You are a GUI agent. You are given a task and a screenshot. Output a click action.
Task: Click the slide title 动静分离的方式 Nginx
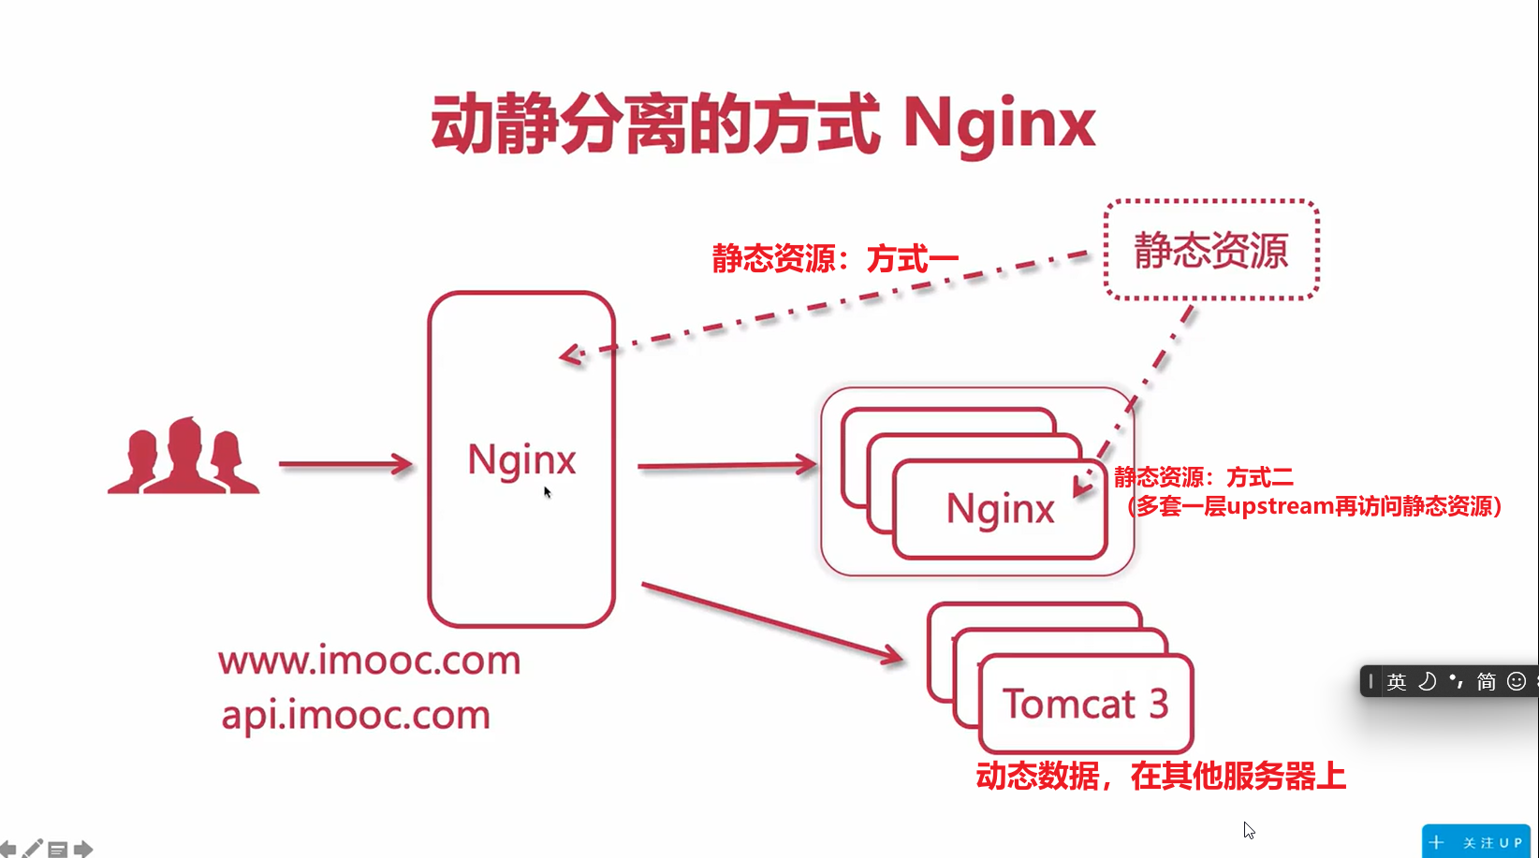(762, 124)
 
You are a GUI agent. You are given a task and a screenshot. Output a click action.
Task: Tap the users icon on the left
(183, 457)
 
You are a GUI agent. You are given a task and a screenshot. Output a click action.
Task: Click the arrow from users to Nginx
(345, 464)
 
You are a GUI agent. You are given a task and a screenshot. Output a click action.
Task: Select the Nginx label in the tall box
(521, 459)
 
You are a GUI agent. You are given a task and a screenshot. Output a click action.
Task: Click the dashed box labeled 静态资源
(1211, 250)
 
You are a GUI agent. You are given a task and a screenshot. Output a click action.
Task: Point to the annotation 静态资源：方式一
(835, 258)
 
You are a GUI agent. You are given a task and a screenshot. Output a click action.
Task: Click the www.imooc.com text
(369, 661)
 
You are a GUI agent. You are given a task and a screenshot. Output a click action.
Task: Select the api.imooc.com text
(356, 715)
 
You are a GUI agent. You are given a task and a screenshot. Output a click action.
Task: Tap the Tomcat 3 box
(1086, 704)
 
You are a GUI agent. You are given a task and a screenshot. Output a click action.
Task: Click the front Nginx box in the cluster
(1000, 510)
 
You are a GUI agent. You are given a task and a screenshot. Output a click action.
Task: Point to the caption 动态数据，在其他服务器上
(1161, 776)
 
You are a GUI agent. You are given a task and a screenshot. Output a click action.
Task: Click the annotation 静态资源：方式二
(1204, 478)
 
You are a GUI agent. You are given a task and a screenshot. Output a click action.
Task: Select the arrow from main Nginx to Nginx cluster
(726, 465)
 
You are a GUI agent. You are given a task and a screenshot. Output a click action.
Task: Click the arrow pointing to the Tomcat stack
(772, 621)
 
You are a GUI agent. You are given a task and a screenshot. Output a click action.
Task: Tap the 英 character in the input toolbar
(1397, 681)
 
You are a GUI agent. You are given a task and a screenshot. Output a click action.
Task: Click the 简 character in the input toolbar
(1487, 681)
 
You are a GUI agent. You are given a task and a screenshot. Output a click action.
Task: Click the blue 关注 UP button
(1477, 842)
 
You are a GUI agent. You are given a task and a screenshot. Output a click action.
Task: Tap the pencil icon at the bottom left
(33, 849)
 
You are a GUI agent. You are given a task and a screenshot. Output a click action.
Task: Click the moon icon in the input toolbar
(1427, 681)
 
